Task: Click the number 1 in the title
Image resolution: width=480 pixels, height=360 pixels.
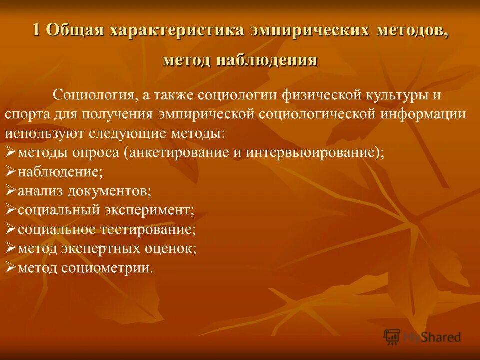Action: tap(36, 30)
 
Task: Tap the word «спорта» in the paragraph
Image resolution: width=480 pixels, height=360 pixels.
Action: tap(25, 114)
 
